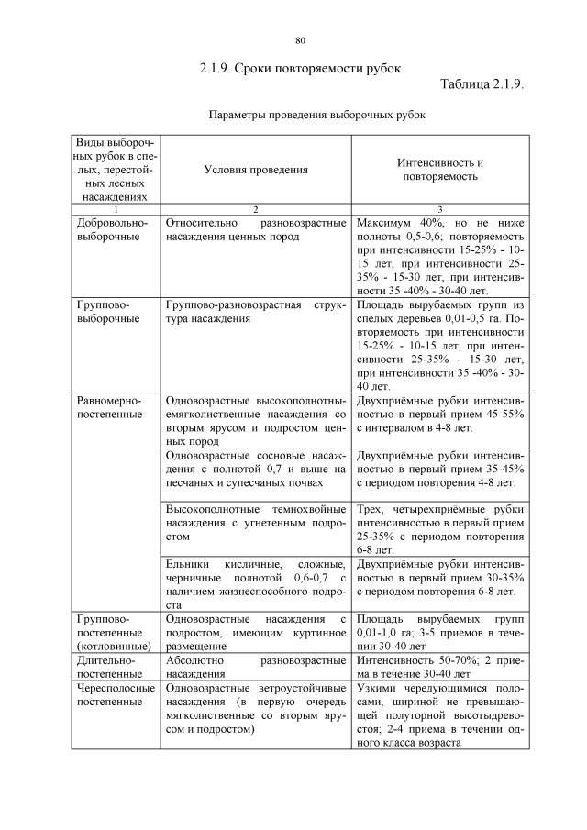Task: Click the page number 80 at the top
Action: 300,40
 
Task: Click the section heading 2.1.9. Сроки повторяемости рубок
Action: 300,68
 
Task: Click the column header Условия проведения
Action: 256,170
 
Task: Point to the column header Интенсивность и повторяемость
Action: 440,170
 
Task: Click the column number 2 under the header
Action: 256,209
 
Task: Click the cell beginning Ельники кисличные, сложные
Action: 256,584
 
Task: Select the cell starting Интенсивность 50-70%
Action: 440,667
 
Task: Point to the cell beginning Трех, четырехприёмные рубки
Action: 440,529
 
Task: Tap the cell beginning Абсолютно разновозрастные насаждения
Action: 256,667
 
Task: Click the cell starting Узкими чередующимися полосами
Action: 440,714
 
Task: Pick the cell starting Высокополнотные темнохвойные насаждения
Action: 256,522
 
